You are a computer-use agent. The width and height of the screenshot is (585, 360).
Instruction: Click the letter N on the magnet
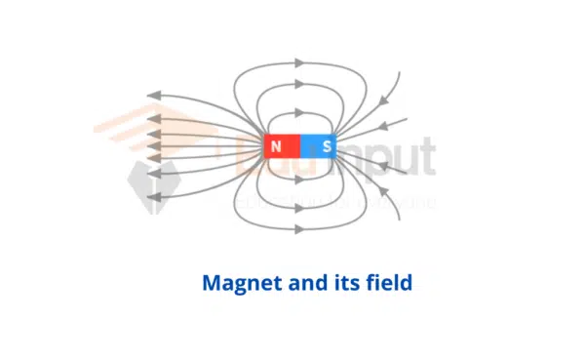coord(276,147)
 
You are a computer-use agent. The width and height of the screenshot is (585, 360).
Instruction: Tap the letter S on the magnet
coord(327,147)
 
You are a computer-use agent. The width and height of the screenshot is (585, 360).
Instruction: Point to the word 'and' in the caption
coord(300,284)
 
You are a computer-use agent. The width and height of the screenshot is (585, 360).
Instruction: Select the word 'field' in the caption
coord(384,284)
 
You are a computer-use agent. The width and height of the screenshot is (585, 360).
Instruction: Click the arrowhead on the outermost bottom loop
coord(300,228)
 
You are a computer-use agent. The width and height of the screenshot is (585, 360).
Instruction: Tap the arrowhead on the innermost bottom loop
coord(300,180)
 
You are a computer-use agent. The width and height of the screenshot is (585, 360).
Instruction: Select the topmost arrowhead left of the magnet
coord(152,95)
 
